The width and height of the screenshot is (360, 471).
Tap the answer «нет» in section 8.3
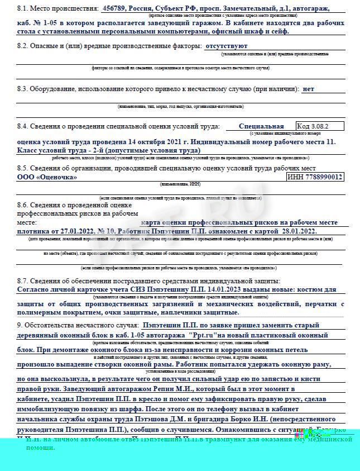308,89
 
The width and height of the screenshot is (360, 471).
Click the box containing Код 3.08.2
320,126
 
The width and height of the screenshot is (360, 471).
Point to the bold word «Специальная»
261,126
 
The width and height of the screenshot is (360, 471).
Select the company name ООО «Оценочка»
47,177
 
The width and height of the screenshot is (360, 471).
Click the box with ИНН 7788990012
315,177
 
